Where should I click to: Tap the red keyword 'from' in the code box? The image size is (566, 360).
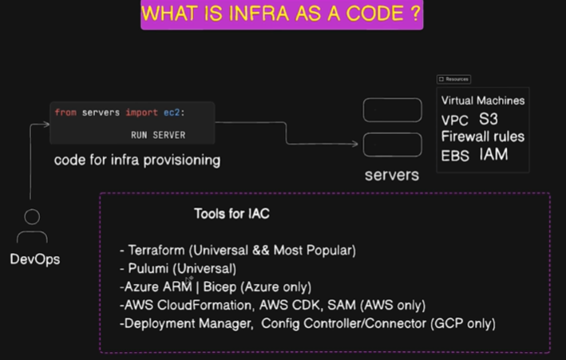tap(65, 113)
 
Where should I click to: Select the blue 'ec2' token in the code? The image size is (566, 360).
tap(172, 113)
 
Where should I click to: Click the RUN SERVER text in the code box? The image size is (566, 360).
tap(158, 135)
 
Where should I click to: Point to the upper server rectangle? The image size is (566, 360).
tap(393, 98)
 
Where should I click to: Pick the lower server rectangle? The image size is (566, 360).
tap(393, 133)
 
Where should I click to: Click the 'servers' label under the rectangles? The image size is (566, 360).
tap(392, 175)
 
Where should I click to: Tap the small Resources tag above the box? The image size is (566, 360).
tap(453, 79)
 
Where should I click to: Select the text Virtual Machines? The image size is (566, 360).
tap(483, 101)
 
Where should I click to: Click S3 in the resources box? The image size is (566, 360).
tap(489, 119)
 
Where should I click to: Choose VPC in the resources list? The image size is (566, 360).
tap(454, 121)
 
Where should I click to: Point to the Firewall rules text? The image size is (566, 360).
tap(483, 136)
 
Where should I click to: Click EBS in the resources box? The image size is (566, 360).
tap(455, 156)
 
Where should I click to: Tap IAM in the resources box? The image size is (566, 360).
tap(493, 154)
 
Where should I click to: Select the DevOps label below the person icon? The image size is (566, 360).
tap(35, 259)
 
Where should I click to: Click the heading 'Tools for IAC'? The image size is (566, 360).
tap(232, 213)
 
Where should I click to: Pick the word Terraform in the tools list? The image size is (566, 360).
tap(156, 250)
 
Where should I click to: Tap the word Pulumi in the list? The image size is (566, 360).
tap(148, 268)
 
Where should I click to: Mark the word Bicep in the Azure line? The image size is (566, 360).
tap(220, 287)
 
